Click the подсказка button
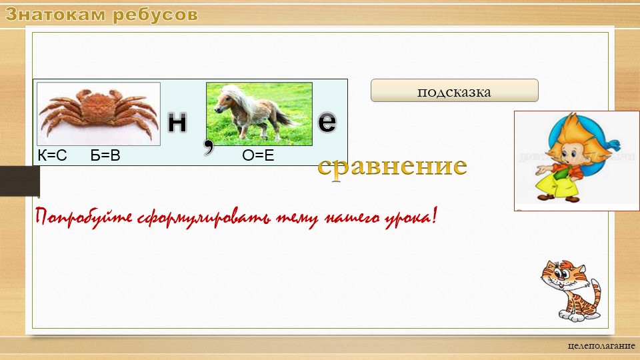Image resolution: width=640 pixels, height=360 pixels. click(454, 91)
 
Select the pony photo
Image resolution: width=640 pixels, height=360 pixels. click(259, 113)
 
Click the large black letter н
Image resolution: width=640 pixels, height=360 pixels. click(177, 121)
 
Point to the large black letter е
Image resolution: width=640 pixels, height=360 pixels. click(327, 121)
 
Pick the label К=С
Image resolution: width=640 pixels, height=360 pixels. click(53, 157)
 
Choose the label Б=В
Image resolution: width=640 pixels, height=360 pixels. click(105, 157)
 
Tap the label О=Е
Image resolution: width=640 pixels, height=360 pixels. click(259, 157)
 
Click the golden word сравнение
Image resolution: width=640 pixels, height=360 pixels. click(392, 167)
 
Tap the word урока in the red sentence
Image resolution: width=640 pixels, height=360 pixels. click(404, 217)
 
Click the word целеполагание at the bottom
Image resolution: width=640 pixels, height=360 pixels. click(601, 347)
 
